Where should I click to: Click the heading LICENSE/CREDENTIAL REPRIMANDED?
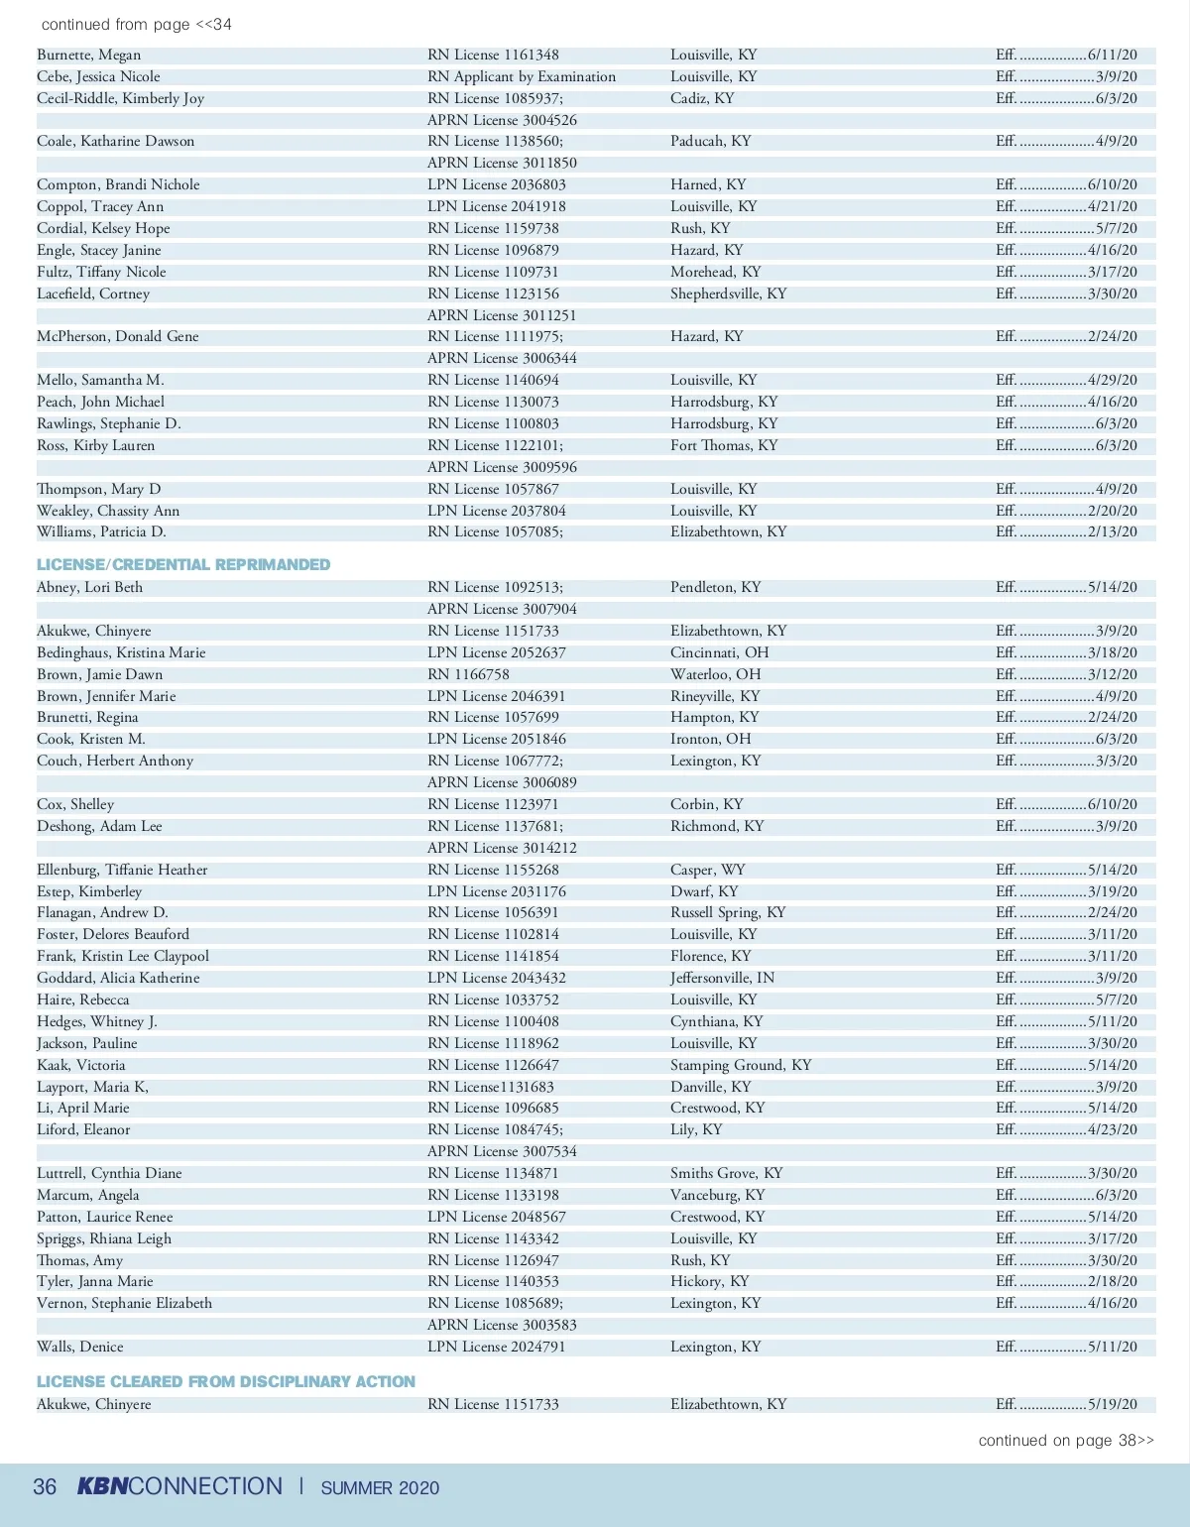point(183,564)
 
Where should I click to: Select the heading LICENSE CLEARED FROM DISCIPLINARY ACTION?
point(226,1381)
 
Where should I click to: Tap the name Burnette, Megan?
point(89,55)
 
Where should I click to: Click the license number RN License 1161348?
point(493,55)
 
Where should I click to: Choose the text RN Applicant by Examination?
point(522,76)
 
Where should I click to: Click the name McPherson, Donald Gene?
point(118,336)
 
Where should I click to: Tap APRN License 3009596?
point(502,467)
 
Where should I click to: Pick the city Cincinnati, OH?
point(720,652)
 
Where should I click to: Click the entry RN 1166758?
point(468,674)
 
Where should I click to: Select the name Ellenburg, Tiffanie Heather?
point(122,870)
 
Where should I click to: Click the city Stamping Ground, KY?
point(741,1065)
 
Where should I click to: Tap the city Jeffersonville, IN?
point(722,978)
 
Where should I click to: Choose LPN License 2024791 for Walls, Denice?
point(496,1347)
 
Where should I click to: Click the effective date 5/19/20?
point(1113,1404)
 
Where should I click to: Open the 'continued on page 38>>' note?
point(1066,1441)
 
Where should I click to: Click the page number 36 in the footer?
point(45,1486)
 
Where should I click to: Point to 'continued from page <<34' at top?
point(137,24)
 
